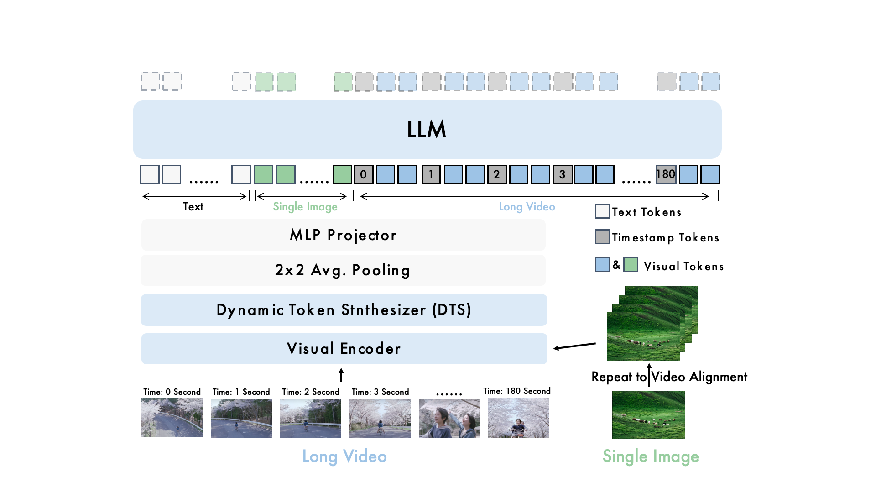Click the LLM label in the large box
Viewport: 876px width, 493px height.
point(427,130)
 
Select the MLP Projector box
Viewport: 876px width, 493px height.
point(343,235)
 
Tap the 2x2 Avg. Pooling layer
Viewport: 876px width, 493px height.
point(343,270)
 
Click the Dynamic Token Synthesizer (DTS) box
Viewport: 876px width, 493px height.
point(344,310)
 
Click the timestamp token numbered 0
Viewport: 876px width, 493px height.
point(364,175)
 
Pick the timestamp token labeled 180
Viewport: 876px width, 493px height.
point(666,174)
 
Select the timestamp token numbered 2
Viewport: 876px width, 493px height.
point(497,175)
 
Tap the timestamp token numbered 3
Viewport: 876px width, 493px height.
point(563,175)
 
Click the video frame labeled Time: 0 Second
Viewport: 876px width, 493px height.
point(172,418)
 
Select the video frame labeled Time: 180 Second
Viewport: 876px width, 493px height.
point(519,418)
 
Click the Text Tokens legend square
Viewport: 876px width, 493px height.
point(602,211)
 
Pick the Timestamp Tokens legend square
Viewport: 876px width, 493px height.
point(602,237)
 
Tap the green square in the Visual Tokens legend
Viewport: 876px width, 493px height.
point(631,265)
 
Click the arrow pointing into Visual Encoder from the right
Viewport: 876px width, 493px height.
point(574,346)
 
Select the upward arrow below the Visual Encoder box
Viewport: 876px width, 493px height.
point(341,375)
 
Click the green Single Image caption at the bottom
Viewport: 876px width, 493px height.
point(651,456)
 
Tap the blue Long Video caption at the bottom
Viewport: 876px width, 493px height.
point(344,456)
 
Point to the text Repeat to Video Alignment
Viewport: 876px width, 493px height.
point(669,377)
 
